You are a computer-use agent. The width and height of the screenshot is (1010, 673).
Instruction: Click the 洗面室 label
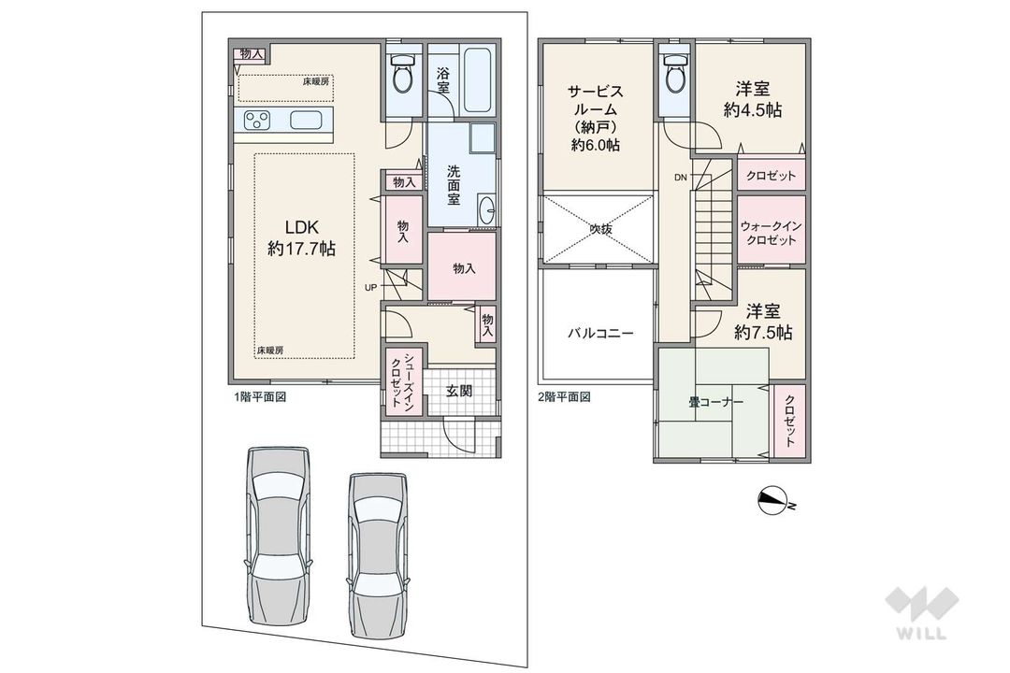(453, 184)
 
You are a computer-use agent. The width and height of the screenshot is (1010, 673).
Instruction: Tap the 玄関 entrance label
(458, 390)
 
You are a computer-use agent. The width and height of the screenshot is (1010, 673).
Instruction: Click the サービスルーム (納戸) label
(596, 118)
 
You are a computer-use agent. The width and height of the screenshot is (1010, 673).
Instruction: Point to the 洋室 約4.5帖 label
(753, 99)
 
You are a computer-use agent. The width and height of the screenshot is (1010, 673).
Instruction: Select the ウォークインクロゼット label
(770, 233)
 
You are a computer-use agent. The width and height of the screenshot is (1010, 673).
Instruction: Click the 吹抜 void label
(599, 226)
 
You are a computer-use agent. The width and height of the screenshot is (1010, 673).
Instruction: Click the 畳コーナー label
(716, 402)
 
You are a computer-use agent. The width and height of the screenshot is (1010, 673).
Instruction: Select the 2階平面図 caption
(565, 396)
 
